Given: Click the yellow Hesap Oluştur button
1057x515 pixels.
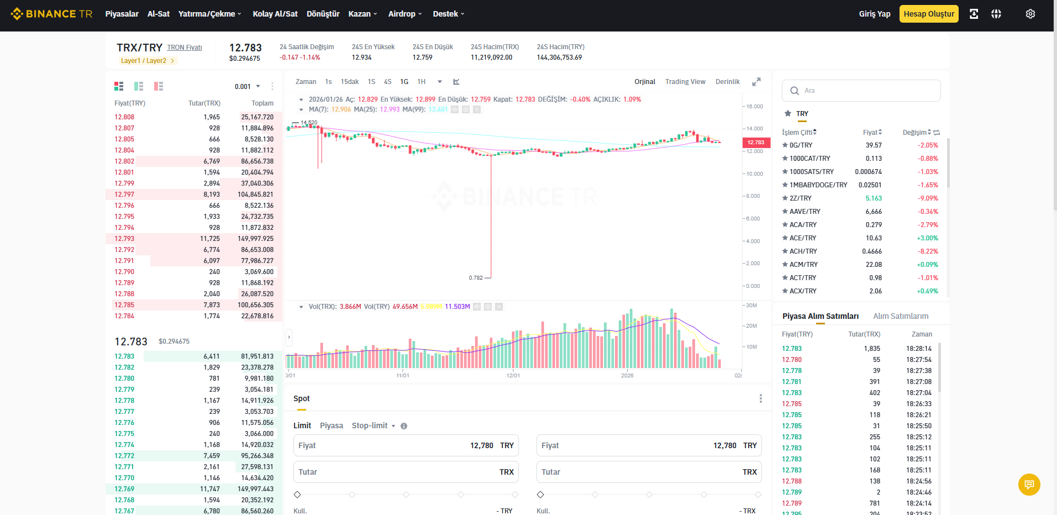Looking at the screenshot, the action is pyautogui.click(x=929, y=14).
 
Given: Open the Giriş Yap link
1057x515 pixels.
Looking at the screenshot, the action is pyautogui.click(x=875, y=14).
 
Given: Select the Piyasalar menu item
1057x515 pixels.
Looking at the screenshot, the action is pyautogui.click(x=122, y=14).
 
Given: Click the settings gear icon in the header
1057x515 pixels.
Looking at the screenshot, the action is pyautogui.click(x=1030, y=14).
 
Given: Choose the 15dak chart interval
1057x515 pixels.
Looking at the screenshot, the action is pyautogui.click(x=350, y=82).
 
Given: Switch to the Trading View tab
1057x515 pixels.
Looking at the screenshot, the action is pyautogui.click(x=685, y=82).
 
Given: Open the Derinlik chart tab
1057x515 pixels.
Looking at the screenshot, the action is pyautogui.click(x=727, y=82).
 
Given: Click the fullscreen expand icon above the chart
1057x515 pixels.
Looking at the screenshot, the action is pyautogui.click(x=756, y=82).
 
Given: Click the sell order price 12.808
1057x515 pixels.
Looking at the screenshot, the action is pyautogui.click(x=124, y=117).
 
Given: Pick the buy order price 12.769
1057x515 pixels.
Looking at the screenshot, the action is pyautogui.click(x=124, y=489).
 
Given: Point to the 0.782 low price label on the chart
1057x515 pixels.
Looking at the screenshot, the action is pyautogui.click(x=476, y=278).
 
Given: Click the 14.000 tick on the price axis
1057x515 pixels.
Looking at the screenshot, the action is pyautogui.click(x=754, y=129).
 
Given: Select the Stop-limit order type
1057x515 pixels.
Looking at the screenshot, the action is pyautogui.click(x=370, y=425).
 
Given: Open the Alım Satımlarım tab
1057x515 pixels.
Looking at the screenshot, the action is pyautogui.click(x=901, y=316).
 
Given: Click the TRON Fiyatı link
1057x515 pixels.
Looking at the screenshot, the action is pyautogui.click(x=185, y=48).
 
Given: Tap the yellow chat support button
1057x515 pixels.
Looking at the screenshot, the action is pyautogui.click(x=1029, y=485).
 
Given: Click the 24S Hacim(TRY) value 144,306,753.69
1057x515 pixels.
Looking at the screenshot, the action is pyautogui.click(x=559, y=57).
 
